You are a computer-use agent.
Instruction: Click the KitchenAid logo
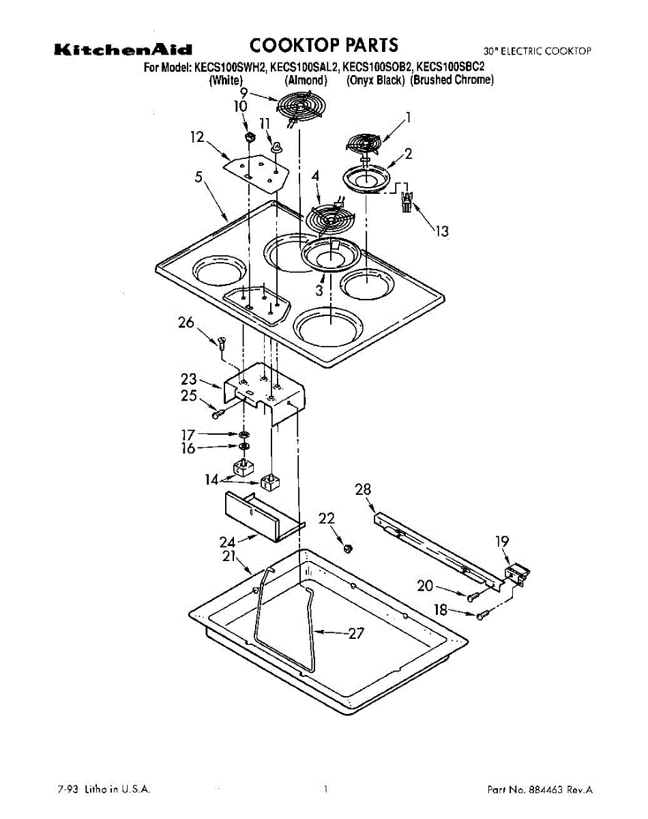(123, 50)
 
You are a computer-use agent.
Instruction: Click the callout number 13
(442, 231)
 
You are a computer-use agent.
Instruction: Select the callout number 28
(363, 489)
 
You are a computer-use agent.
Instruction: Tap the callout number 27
(355, 633)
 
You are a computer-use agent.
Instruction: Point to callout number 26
(186, 323)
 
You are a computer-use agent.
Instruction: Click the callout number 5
(198, 177)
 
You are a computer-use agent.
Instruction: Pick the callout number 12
(197, 137)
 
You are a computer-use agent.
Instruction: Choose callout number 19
(501, 541)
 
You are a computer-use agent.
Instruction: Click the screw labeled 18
(482, 616)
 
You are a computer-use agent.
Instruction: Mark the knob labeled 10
(250, 137)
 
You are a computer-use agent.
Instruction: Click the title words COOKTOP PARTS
(324, 45)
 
